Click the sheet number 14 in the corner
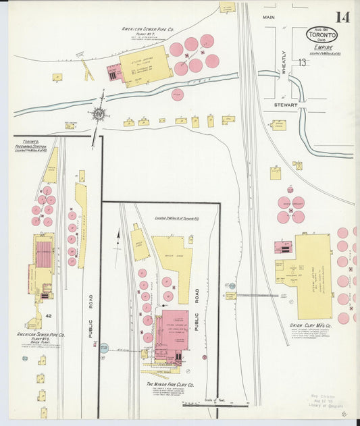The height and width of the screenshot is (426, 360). [x=340, y=16]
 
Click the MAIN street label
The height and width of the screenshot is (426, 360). [x=269, y=16]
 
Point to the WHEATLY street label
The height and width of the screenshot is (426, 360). [x=284, y=62]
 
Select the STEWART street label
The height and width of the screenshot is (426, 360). [x=277, y=105]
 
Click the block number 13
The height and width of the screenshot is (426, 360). [x=304, y=62]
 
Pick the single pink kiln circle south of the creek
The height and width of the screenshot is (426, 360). [x=178, y=95]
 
